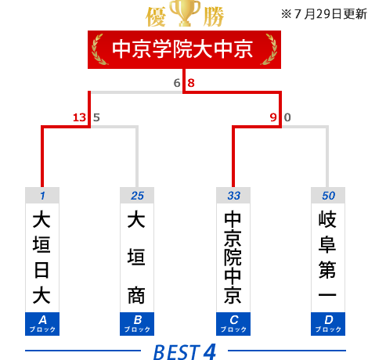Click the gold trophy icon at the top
(185, 13)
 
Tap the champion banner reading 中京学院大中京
(184, 49)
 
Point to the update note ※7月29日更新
(324, 14)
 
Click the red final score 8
(191, 83)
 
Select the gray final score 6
(177, 83)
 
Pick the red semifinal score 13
(79, 117)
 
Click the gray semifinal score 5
(96, 117)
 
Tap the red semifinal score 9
(273, 117)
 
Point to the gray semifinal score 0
(287, 117)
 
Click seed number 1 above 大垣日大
(42, 196)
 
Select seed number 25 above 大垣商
(137, 196)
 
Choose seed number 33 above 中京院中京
(233, 196)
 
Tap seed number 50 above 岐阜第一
(328, 196)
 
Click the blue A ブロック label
(42, 324)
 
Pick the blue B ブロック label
(137, 324)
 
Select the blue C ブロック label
(233, 324)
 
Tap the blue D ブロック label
(328, 324)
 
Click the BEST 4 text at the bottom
(185, 351)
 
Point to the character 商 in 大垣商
(136, 295)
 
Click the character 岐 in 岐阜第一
(327, 219)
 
